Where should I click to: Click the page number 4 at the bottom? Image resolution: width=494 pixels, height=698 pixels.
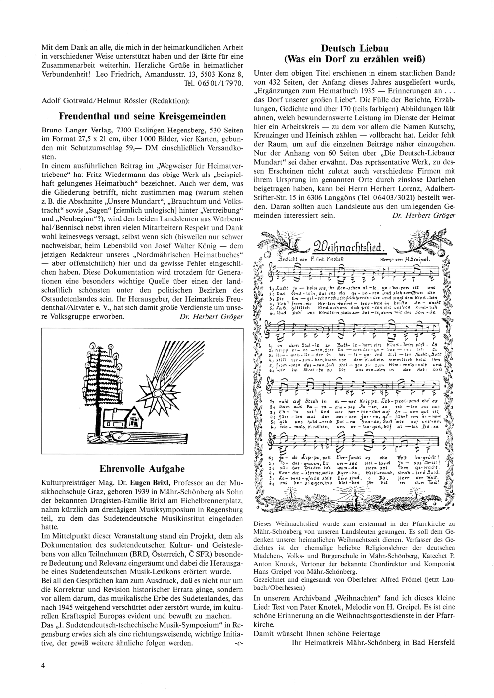click(44, 665)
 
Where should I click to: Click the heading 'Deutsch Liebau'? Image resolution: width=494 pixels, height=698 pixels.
click(353, 48)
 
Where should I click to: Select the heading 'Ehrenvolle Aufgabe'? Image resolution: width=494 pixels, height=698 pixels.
click(142, 468)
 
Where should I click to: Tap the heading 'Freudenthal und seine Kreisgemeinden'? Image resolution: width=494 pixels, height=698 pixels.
click(142, 117)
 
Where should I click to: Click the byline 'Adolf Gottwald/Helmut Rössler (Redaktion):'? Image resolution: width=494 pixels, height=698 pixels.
click(115, 101)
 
